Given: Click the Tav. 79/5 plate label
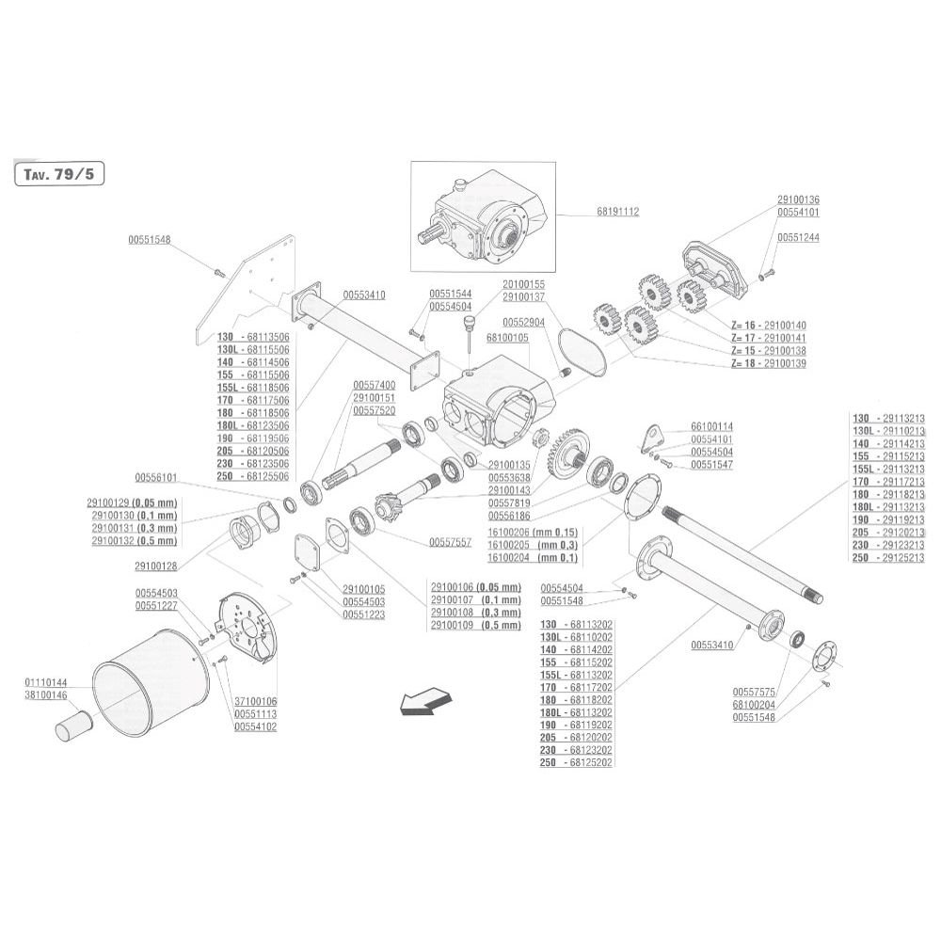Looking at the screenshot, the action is pyautogui.click(x=58, y=174).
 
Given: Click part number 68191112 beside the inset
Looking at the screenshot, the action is pyautogui.click(x=618, y=212).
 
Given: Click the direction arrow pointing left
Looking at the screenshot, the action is pyautogui.click(x=425, y=701).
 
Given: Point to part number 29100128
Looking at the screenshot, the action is pyautogui.click(x=156, y=566).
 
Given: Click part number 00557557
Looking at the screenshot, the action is pyautogui.click(x=450, y=543).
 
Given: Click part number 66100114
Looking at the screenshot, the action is pyautogui.click(x=711, y=426).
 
